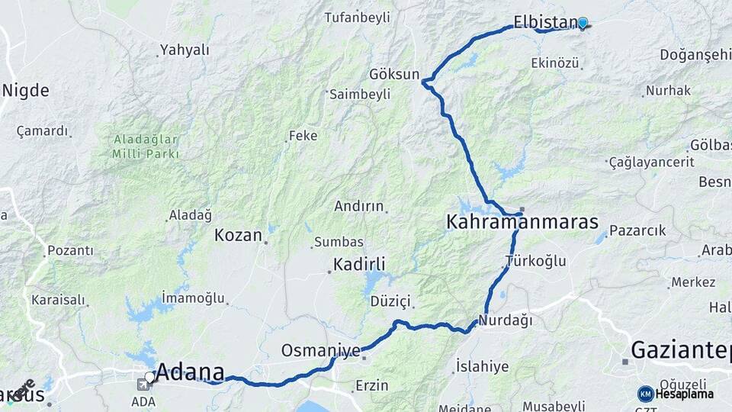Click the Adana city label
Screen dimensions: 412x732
(x=191, y=372)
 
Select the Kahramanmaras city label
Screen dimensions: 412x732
(x=522, y=222)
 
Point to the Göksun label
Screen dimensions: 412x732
(x=394, y=74)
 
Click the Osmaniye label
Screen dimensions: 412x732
(x=320, y=350)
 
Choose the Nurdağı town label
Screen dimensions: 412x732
(x=506, y=320)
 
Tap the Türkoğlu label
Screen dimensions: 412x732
(x=536, y=261)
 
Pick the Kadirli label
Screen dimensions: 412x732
(x=359, y=265)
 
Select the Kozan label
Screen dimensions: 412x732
(x=238, y=235)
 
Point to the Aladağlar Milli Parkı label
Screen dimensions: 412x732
(x=146, y=146)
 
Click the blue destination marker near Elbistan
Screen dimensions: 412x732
(x=583, y=23)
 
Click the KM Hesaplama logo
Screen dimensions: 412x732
(x=676, y=394)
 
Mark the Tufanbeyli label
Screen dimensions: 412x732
(x=357, y=17)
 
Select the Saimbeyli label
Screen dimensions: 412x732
(x=360, y=94)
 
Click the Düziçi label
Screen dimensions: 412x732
(x=390, y=301)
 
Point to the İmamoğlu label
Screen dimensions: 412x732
(x=193, y=298)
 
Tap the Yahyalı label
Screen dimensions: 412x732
(x=184, y=50)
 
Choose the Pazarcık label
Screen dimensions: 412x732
(x=637, y=230)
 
